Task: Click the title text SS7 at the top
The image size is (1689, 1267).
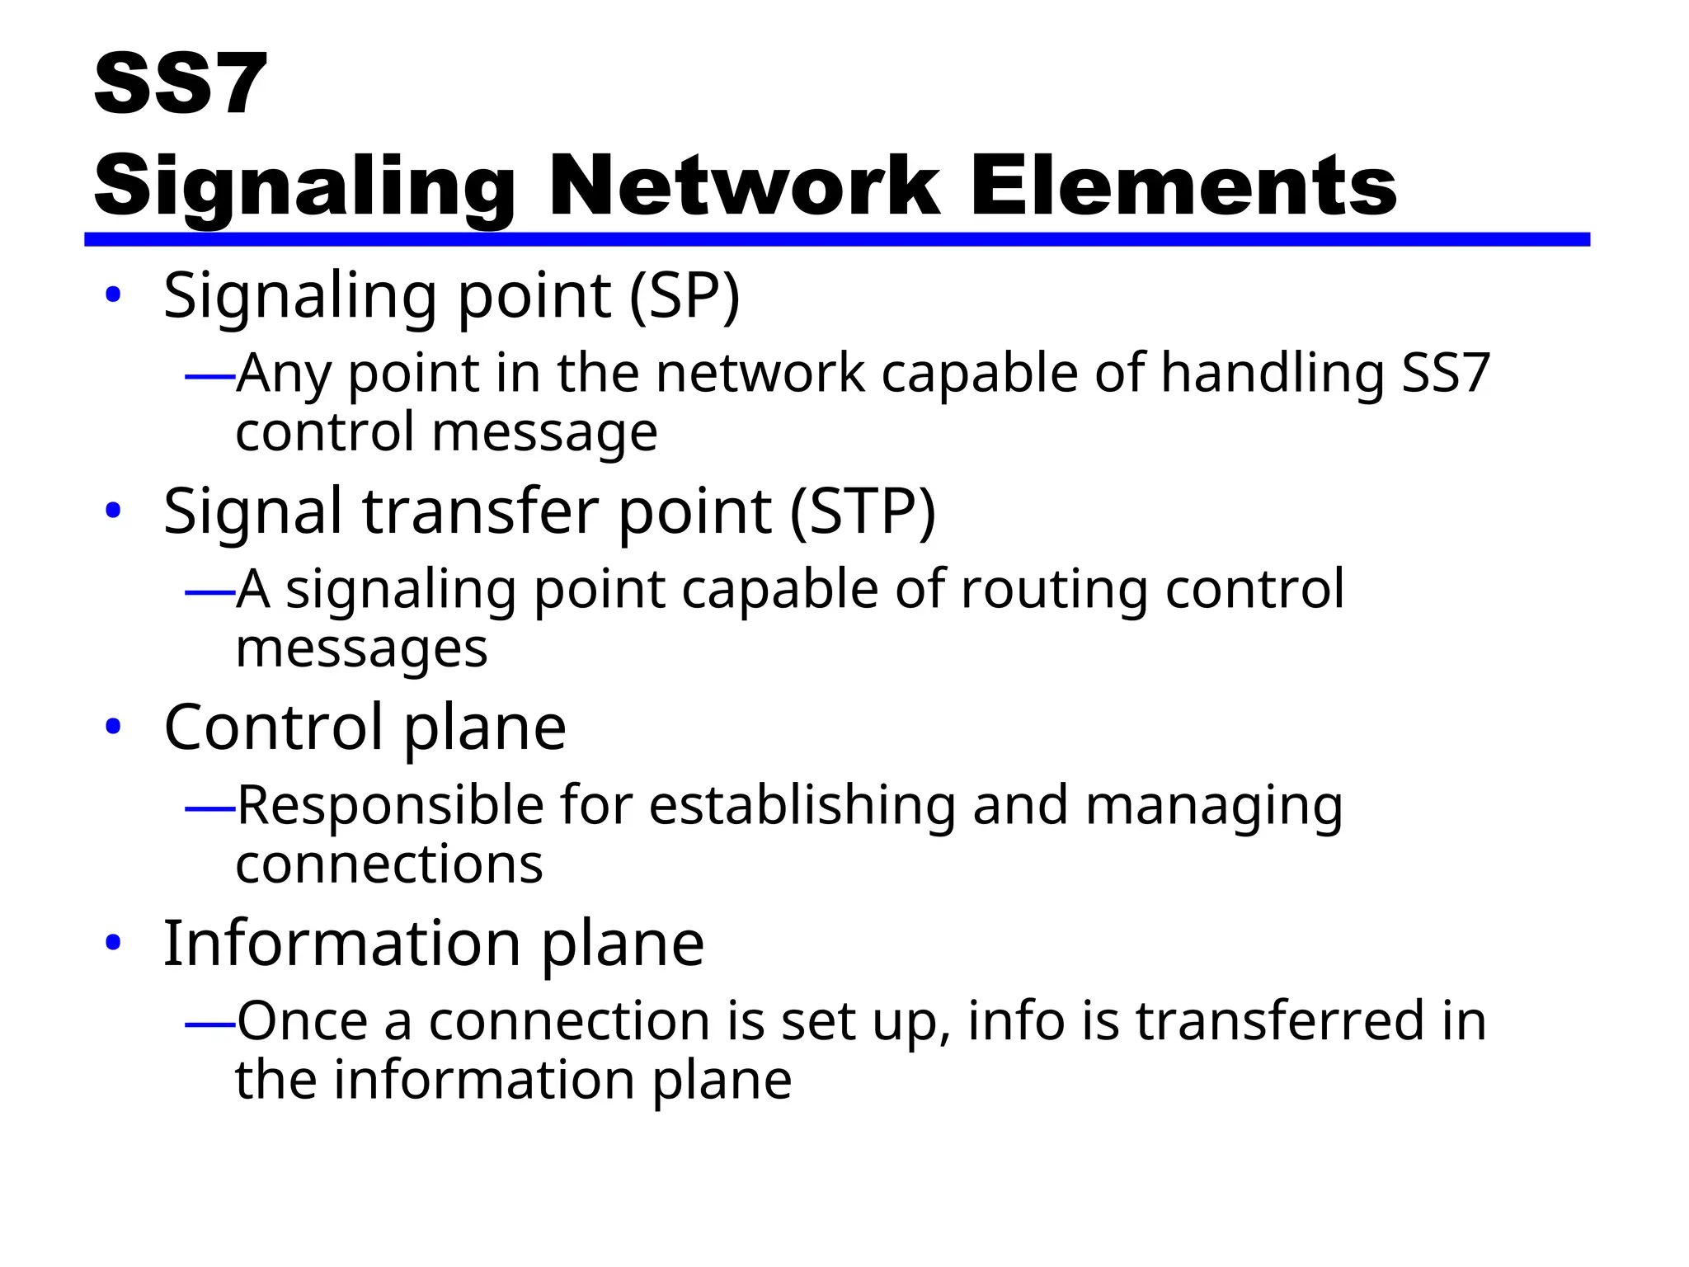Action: tap(181, 84)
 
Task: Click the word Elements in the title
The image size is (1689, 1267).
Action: tap(1183, 186)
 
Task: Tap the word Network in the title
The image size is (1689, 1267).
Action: tap(743, 186)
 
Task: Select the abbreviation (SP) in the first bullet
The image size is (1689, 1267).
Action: tap(685, 295)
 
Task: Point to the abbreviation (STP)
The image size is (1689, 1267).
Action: tap(863, 511)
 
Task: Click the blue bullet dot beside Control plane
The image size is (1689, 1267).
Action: tap(114, 728)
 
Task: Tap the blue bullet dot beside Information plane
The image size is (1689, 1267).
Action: tap(114, 943)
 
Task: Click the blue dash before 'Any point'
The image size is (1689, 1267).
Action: tap(210, 378)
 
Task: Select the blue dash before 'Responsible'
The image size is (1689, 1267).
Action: tap(210, 809)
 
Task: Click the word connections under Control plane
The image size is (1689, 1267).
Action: tap(389, 864)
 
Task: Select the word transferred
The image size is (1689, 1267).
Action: tap(1280, 1021)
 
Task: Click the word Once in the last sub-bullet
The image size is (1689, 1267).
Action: tap(303, 1021)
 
